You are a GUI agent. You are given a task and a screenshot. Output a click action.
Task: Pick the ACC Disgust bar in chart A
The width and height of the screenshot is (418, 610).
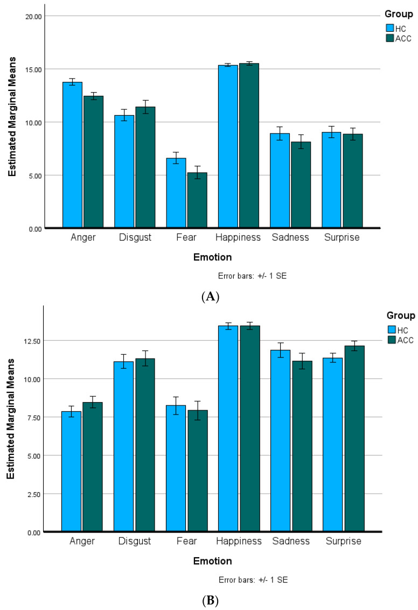point(145,167)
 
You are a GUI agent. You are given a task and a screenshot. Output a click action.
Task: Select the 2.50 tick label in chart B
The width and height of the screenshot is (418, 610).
point(33,494)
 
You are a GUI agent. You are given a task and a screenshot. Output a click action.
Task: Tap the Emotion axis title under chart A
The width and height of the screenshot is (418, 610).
point(212,257)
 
